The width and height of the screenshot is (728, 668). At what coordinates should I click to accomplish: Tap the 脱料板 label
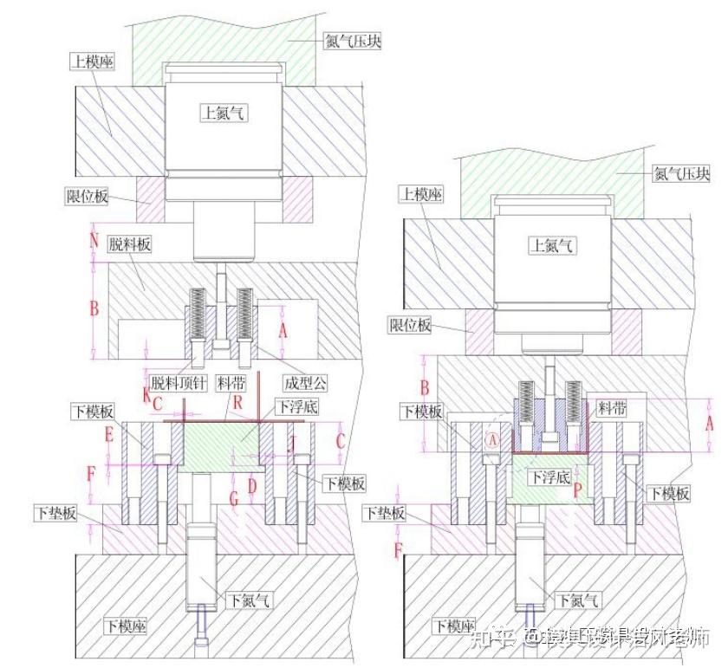click(130, 245)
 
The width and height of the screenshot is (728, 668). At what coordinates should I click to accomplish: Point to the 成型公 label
click(305, 382)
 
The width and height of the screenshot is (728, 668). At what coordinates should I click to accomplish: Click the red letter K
click(146, 393)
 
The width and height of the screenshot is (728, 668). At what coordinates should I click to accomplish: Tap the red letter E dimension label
click(109, 434)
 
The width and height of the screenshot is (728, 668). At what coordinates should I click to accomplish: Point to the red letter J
click(293, 444)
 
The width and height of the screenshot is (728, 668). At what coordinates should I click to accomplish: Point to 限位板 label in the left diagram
click(88, 198)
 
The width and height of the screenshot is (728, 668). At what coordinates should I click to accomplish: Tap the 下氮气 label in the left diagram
click(248, 598)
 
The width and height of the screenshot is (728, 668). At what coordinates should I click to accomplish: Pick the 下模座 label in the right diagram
click(455, 626)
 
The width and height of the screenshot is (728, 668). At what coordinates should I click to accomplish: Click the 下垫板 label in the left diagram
click(56, 513)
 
